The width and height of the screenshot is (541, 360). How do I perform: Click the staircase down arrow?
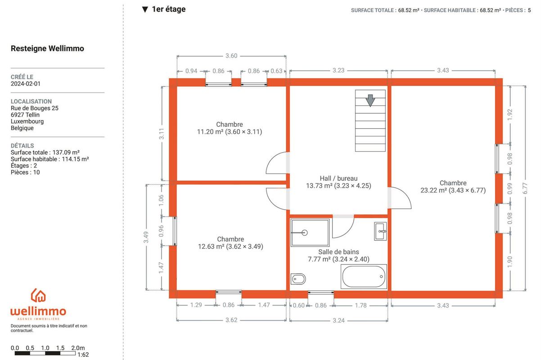point(370,100)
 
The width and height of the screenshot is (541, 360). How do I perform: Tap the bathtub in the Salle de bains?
point(364,276)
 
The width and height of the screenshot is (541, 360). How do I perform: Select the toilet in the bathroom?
point(298,279)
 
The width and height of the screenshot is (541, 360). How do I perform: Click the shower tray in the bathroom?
point(310,233)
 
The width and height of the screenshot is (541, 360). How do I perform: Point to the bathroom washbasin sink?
point(380,231)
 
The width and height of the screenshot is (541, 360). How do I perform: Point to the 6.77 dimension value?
point(525,189)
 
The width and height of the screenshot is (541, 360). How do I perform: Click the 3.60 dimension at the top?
point(231,56)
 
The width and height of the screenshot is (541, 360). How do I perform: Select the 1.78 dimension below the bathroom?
point(361,306)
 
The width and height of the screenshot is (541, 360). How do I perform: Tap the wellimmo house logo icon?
point(38,295)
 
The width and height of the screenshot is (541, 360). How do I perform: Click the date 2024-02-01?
point(26,84)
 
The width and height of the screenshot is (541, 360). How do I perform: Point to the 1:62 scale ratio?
point(83,355)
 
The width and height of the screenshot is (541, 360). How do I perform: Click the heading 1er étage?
point(169,9)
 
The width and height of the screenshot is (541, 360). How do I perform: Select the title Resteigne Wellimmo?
point(47,49)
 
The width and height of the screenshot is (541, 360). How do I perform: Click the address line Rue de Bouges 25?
point(35,108)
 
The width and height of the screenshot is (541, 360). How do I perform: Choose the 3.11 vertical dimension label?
point(161,134)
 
